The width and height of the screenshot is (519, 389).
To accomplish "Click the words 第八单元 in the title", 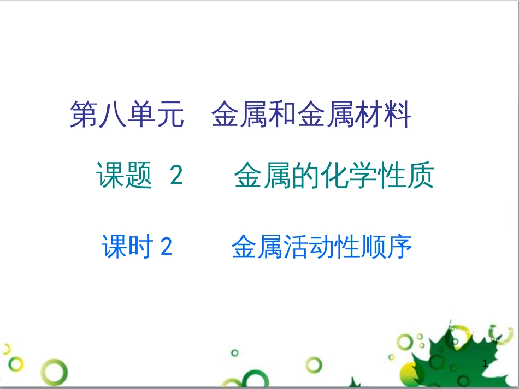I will pyautogui.click(x=127, y=115).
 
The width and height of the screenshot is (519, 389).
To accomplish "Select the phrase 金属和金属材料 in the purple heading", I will pyautogui.click(x=311, y=115).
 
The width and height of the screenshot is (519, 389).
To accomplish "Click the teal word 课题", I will pyautogui.click(x=124, y=176).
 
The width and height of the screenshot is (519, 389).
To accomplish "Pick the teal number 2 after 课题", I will pyautogui.click(x=176, y=176).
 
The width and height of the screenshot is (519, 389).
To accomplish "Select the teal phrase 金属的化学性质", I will pyautogui.click(x=334, y=176).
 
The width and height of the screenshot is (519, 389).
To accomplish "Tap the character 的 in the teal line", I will pyautogui.click(x=305, y=176).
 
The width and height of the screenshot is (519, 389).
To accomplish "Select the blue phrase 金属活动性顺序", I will pyautogui.click(x=321, y=247).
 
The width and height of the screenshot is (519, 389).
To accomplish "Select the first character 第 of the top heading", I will pyautogui.click(x=83, y=115).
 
